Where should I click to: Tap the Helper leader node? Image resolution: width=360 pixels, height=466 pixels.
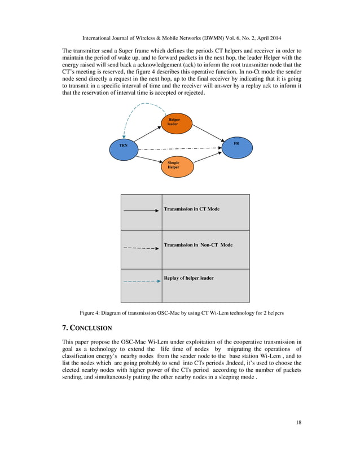(x=176, y=123)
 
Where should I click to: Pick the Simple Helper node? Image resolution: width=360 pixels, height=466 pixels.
(x=176, y=166)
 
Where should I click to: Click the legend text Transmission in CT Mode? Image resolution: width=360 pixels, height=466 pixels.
(x=191, y=209)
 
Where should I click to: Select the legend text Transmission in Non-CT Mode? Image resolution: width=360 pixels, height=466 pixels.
(x=198, y=245)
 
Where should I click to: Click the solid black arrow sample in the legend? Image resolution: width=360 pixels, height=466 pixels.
(x=141, y=211)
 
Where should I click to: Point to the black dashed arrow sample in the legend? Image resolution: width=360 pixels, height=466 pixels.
(x=141, y=247)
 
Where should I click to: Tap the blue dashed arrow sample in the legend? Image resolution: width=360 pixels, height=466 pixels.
(x=141, y=280)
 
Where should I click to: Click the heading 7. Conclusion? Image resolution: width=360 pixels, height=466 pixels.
(x=86, y=328)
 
